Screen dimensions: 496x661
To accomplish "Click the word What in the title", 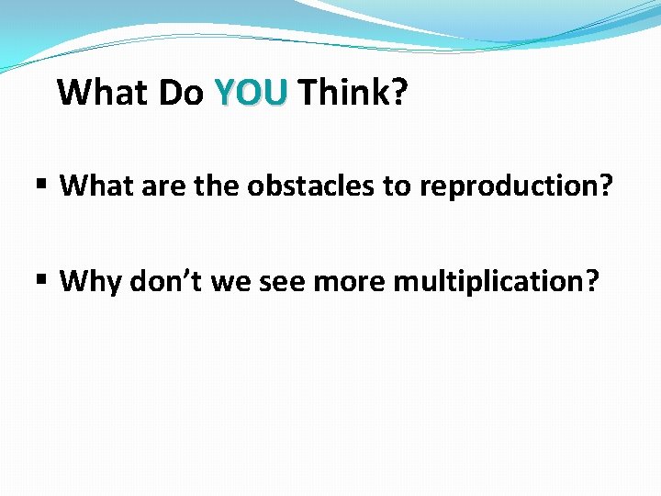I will pos(102,92).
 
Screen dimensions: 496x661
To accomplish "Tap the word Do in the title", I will pos(180,92).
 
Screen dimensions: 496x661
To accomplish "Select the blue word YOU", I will pos(251,92).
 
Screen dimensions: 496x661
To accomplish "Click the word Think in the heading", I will pos(342,92).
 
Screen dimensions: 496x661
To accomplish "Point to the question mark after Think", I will pos(398,92).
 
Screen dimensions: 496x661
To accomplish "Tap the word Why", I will pos(91,281).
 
